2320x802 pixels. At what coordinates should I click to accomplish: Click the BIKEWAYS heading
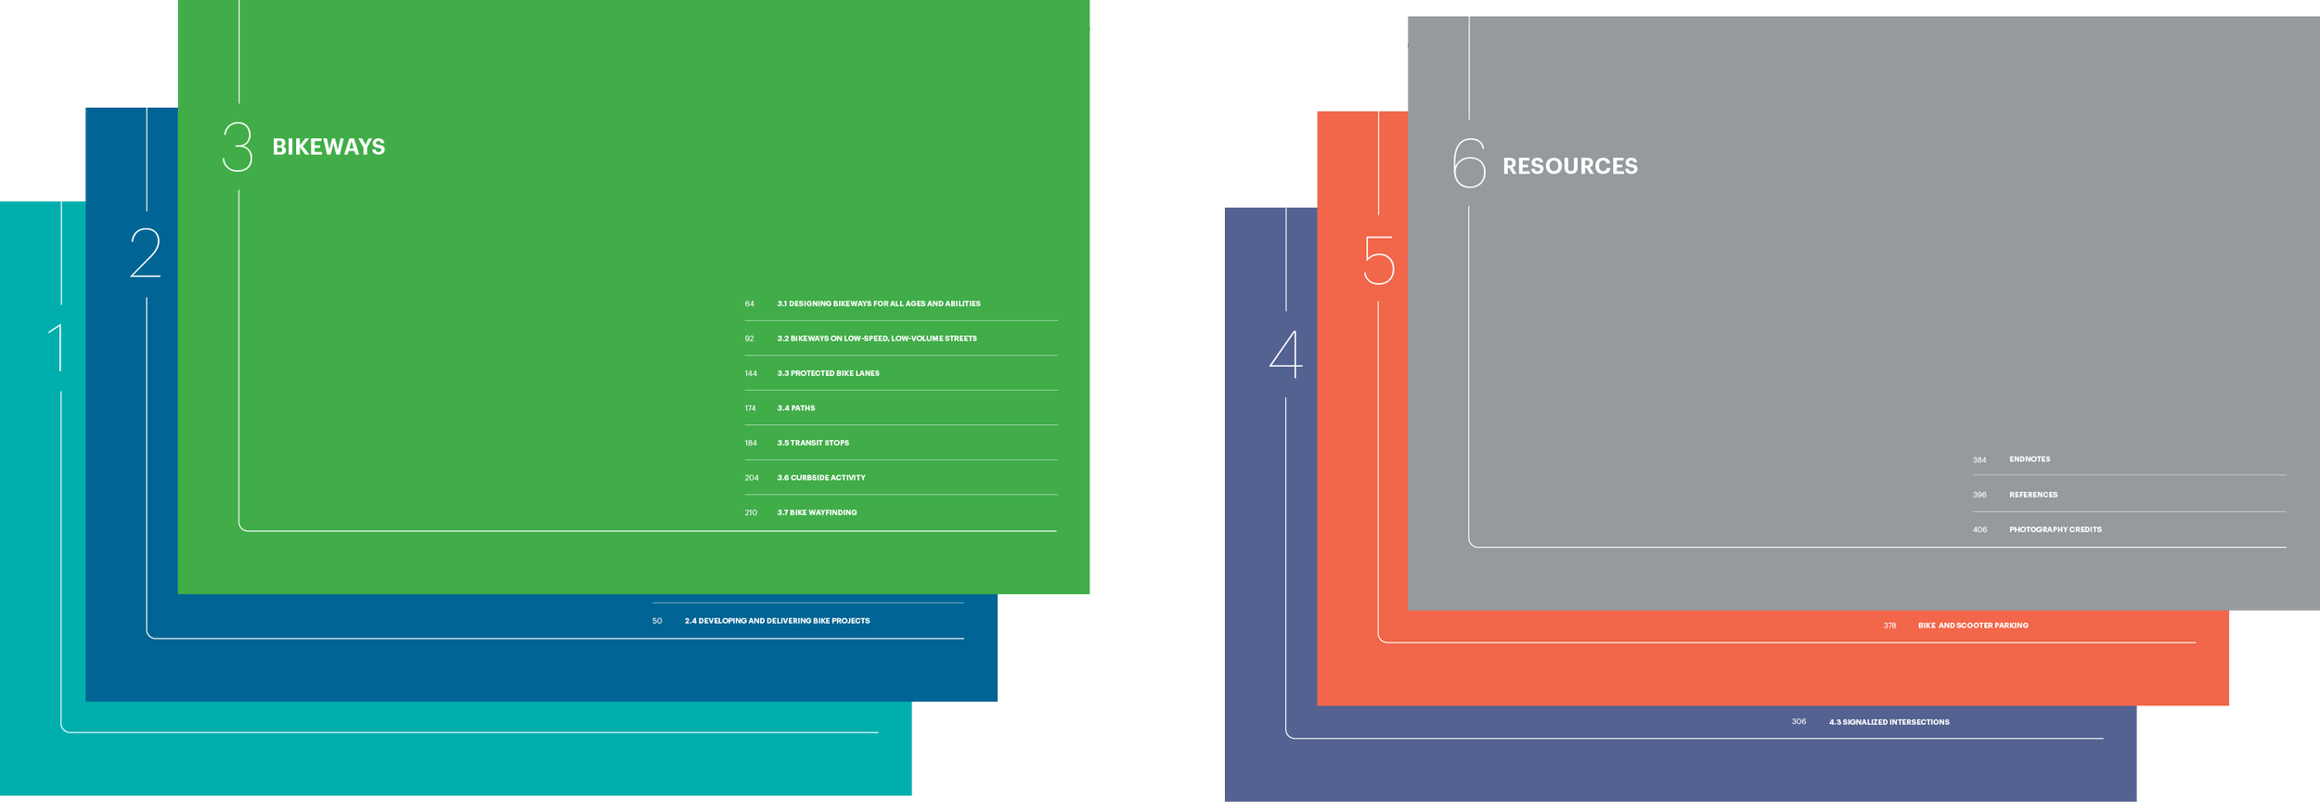[329, 147]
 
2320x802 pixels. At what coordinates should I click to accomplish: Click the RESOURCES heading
[1569, 166]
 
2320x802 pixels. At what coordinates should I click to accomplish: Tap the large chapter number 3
[238, 147]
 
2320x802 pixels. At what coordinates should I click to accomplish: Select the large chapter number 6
[1469, 162]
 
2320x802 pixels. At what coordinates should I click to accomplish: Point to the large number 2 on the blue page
[146, 252]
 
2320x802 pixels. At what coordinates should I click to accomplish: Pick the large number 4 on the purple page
[1286, 354]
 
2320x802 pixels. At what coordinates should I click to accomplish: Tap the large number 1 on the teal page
[58, 347]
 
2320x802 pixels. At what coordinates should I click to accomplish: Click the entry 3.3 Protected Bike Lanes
[828, 373]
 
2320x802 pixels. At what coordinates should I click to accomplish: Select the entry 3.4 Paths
[796, 408]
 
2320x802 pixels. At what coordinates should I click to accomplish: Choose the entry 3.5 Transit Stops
[813, 443]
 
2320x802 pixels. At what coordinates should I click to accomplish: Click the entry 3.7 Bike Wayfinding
[817, 512]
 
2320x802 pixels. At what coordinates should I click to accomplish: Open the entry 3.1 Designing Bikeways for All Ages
[878, 304]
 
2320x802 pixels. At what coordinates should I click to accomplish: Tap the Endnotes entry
[2030, 459]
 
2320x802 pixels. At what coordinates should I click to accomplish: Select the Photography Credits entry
[2055, 529]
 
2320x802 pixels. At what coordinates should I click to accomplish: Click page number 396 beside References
[1979, 495]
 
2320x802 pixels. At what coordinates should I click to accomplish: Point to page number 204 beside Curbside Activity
[752, 478]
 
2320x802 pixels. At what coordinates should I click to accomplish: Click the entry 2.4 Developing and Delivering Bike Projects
[777, 621]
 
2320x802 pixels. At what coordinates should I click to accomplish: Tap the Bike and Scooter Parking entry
[1973, 626]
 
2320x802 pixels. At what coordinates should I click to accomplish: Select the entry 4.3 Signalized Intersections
[1888, 722]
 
